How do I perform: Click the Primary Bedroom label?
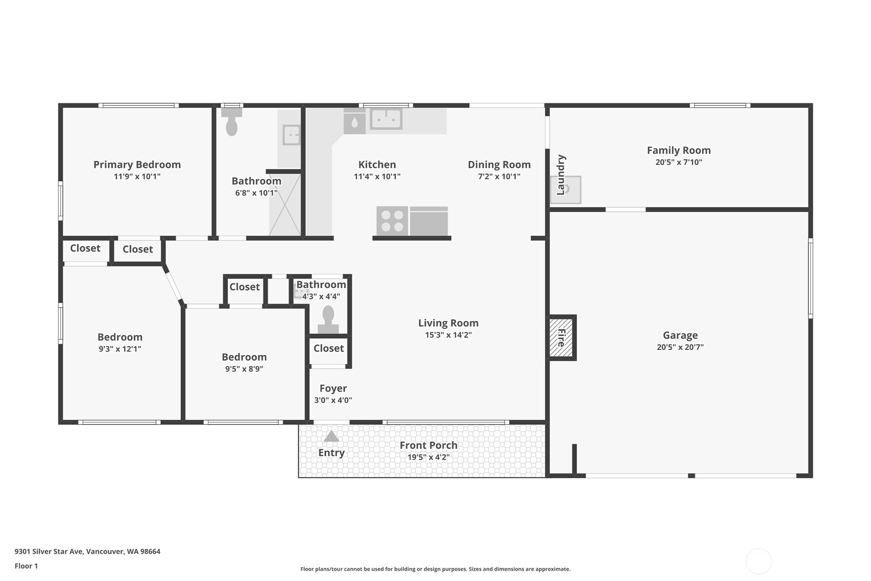point(137,164)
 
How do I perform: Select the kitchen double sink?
point(385,119)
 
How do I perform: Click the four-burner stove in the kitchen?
point(392,221)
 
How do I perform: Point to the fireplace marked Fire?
point(561,338)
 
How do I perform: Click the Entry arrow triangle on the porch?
point(332,437)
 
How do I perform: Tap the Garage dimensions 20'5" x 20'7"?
point(680,347)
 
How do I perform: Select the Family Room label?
point(679,151)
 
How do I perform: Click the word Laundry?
point(561,175)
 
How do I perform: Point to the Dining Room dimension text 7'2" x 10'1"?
point(499,177)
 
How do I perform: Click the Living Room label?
point(448,323)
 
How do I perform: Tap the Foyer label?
point(333,388)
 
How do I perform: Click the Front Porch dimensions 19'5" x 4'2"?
point(429,457)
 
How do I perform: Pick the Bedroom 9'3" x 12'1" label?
point(120,337)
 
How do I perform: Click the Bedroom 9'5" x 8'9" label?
point(244,357)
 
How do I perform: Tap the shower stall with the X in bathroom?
point(285,204)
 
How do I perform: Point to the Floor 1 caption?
point(26,566)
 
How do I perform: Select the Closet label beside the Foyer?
point(328,348)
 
